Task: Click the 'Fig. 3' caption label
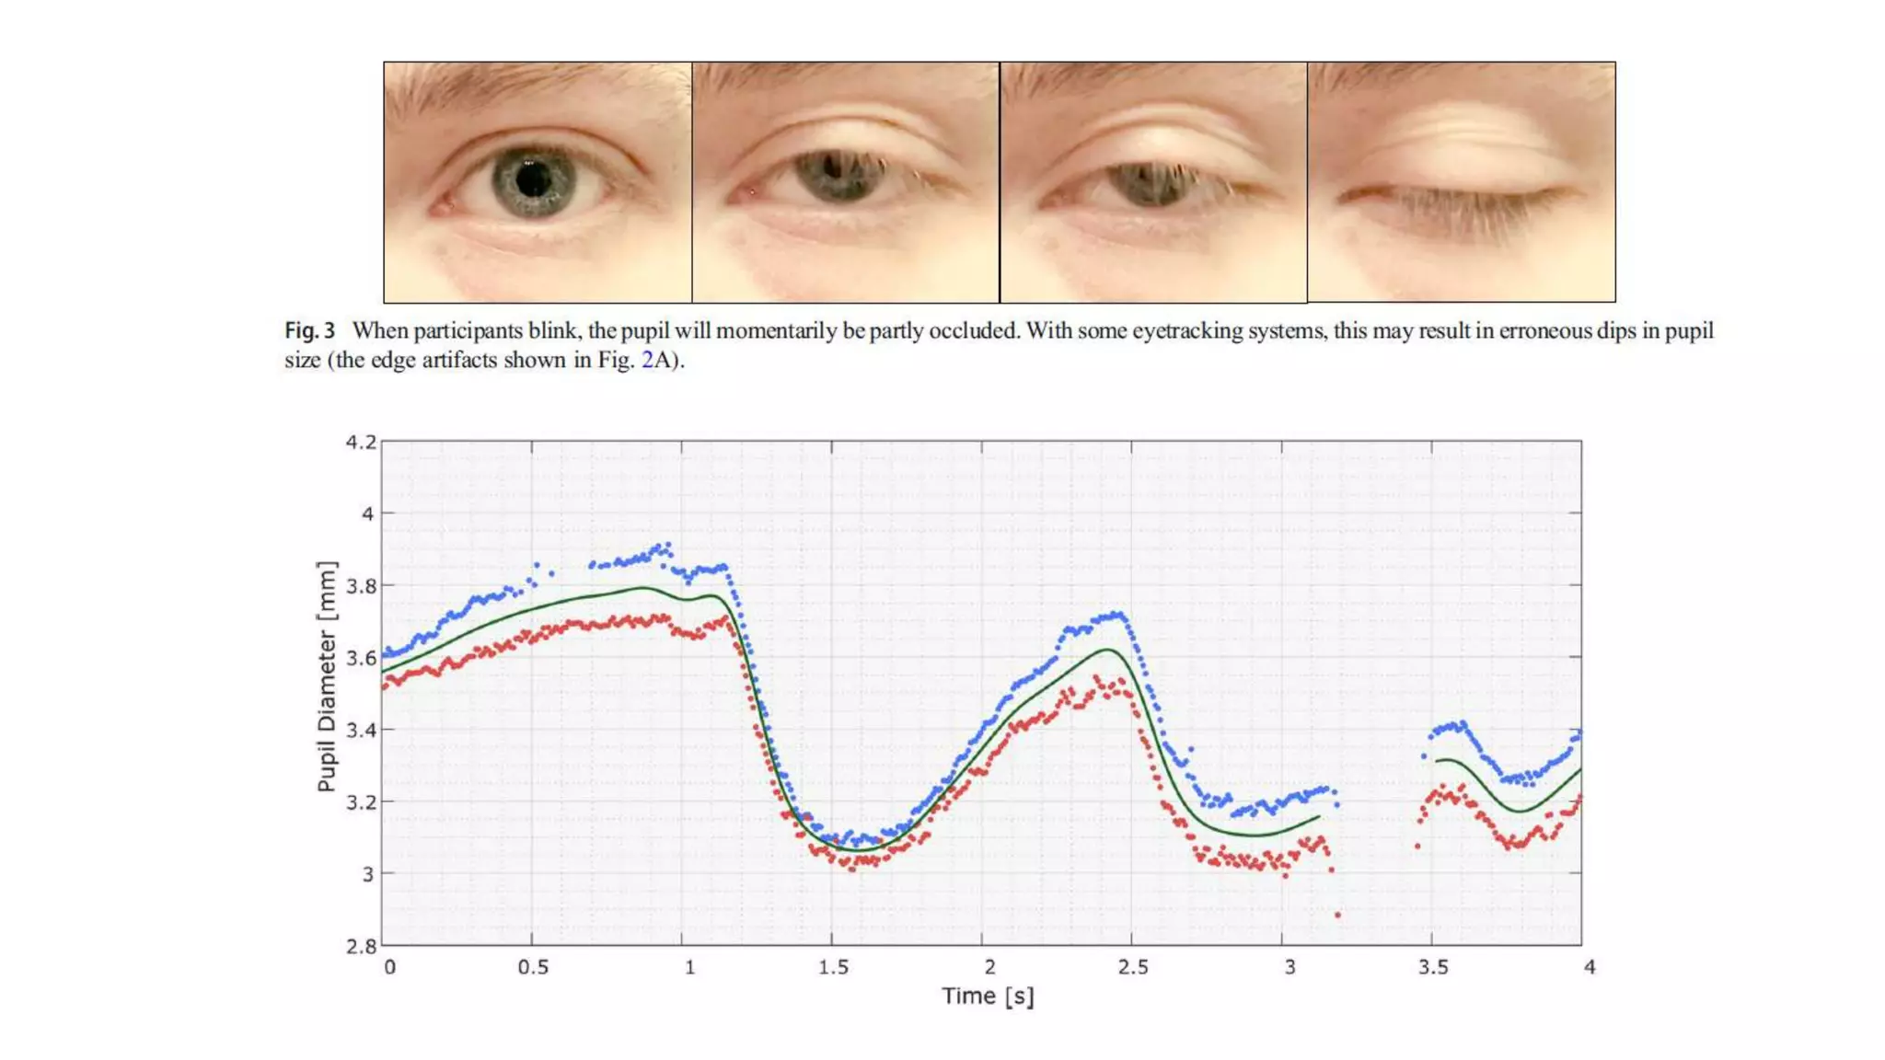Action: coord(309,331)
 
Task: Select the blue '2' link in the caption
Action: coord(647,361)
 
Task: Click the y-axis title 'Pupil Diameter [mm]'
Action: coord(327,675)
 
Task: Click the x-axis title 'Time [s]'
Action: coord(988,997)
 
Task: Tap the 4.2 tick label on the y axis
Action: coord(361,443)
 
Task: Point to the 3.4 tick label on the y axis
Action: coord(361,731)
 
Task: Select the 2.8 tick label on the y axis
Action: coord(361,946)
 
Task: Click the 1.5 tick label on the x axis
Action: coord(833,968)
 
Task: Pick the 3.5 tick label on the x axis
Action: coord(1433,968)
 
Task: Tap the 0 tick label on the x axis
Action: coord(390,968)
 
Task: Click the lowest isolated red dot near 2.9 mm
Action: coord(1337,915)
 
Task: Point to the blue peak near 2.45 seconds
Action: coord(1116,615)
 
